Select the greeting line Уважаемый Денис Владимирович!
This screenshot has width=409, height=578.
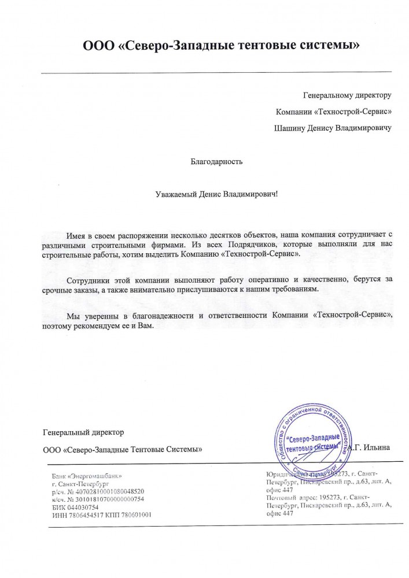(x=212, y=195)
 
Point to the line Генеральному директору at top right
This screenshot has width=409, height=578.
(x=348, y=95)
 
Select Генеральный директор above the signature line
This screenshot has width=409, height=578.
(x=83, y=432)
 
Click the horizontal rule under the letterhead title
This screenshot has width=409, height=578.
(x=216, y=71)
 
